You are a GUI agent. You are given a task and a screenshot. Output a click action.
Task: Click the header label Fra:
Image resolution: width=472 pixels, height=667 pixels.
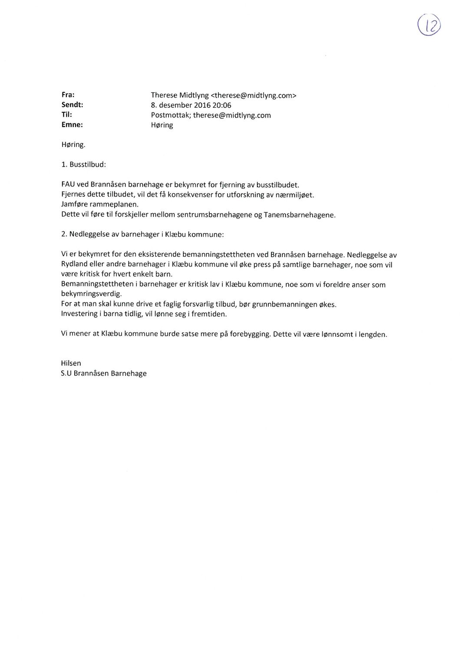pyautogui.click(x=68, y=94)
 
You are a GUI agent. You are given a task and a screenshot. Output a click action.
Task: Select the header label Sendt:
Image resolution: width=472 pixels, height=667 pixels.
pyautogui.click(x=72, y=105)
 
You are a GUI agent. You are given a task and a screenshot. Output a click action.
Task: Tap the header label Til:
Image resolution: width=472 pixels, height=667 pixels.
pyautogui.click(x=67, y=115)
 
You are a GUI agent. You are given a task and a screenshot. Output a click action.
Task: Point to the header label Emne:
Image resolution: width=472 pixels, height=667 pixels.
pyautogui.click(x=72, y=125)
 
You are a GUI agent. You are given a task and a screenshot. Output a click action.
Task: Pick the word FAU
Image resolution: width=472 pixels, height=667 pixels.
pyautogui.click(x=68, y=184)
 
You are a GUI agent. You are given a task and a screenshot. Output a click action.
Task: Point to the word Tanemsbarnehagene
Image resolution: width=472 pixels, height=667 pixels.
pyautogui.click(x=299, y=215)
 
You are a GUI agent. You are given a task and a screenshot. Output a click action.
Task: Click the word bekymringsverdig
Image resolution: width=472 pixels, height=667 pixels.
pyautogui.click(x=91, y=294)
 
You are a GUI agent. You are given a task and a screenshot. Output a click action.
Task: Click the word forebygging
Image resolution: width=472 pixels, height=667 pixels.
pyautogui.click(x=250, y=335)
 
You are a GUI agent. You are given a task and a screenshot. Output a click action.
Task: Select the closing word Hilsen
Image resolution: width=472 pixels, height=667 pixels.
pyautogui.click(x=71, y=363)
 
